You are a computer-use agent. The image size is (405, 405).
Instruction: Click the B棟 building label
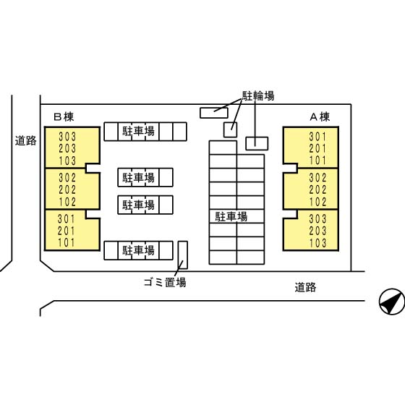pos(64,117)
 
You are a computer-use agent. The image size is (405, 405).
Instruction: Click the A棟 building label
pos(320,117)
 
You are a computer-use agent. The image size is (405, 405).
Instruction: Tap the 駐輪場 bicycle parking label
pos(258,95)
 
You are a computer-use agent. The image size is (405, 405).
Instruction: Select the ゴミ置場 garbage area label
pos(165,282)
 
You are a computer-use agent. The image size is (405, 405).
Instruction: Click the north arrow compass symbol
pos(392,302)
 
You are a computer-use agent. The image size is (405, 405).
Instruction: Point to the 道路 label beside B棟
pos(25,141)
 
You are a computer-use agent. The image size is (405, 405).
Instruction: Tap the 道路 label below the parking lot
pos(305,287)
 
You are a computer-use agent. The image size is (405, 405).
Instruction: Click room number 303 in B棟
pos(67,137)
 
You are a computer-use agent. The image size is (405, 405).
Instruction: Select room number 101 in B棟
pos(67,242)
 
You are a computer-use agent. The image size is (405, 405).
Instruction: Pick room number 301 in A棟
pos(317,137)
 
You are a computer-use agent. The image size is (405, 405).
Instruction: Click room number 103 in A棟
pos(317,243)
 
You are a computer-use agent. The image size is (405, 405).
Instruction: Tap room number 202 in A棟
pos(317,189)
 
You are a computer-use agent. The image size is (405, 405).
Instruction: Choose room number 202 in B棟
pos(67,189)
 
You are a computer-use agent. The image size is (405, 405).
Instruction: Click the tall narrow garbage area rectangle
pos(183,255)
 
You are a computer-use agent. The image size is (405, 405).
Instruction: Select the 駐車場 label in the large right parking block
pos(231,217)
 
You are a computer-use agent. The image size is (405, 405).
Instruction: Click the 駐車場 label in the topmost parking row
pos(138,131)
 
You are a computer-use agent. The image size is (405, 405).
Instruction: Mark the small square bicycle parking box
pos(230,129)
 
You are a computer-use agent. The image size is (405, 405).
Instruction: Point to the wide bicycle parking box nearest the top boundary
pos(214,113)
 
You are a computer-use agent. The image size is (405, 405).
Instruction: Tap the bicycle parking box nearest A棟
pos(257,144)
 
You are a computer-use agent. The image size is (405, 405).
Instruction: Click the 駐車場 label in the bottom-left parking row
pos(138,250)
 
